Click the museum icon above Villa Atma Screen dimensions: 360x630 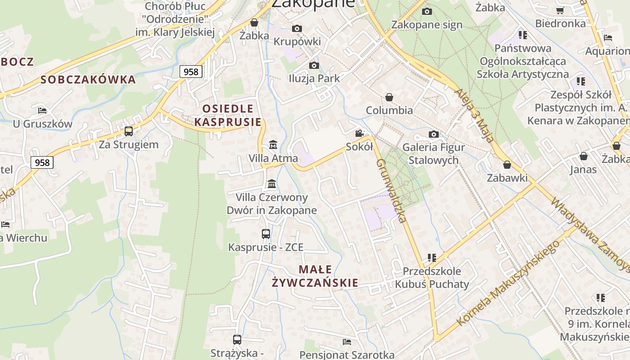click(x=273, y=145)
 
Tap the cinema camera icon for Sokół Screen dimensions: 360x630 click(x=359, y=134)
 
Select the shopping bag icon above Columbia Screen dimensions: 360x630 click(x=389, y=97)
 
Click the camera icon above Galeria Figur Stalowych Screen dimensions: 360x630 click(x=434, y=134)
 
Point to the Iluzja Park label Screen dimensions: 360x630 click(x=314, y=78)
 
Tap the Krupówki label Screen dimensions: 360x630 click(x=297, y=42)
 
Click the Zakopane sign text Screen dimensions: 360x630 click(x=427, y=24)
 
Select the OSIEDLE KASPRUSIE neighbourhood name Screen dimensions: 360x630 click(x=228, y=115)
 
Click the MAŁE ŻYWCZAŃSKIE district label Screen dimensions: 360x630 click(x=315, y=276)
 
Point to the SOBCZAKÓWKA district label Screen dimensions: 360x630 click(x=88, y=80)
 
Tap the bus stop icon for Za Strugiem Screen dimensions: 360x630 click(x=129, y=131)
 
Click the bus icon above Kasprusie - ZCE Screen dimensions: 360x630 click(x=266, y=234)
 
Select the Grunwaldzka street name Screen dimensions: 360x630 click(x=391, y=191)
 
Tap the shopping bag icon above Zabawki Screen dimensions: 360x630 click(x=507, y=165)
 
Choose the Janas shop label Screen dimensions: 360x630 click(x=583, y=170)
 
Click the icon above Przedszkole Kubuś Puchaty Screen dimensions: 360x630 click(x=432, y=258)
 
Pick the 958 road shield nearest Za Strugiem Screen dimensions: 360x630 click(x=42, y=162)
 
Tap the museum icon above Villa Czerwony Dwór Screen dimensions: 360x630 click(x=272, y=184)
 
